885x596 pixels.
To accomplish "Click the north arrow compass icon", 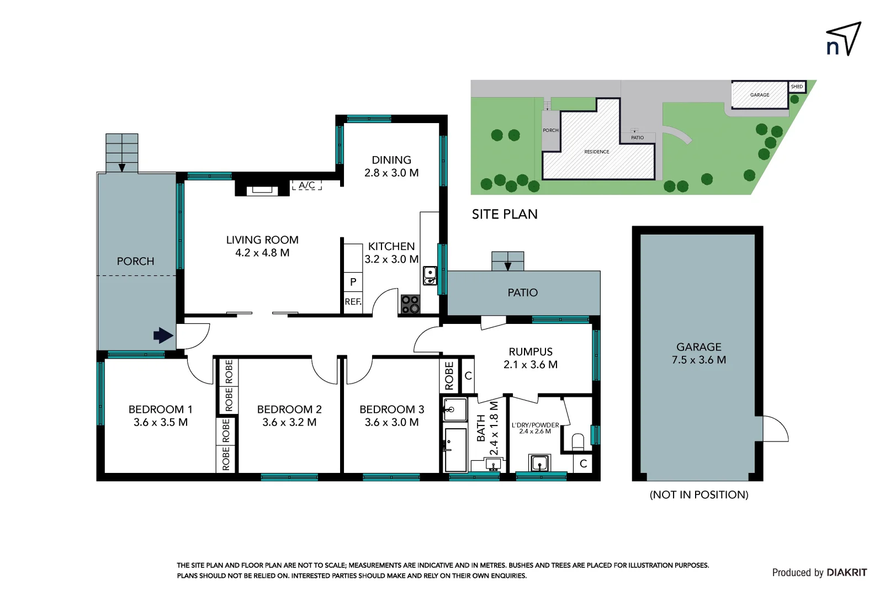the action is coord(844,39).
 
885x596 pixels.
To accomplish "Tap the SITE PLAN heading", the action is coord(505,214).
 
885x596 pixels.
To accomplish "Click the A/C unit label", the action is coord(306,185).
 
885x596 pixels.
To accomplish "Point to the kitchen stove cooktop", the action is coord(410,304).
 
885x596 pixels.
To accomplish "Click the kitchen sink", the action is coord(430,275).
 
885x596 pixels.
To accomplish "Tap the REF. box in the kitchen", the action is coord(353,302).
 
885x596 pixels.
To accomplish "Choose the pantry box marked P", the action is coord(353,282).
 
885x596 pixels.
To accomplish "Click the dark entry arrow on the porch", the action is coord(163,336).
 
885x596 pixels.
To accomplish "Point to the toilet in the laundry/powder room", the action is coord(578,441).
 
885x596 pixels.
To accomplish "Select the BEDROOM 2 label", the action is coord(289,409).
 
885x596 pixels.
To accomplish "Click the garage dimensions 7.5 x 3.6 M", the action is coord(699,360).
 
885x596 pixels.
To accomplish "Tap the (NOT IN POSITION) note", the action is coord(699,494).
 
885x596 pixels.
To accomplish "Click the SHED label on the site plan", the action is coord(797,87).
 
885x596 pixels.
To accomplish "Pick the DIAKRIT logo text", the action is coord(847,573).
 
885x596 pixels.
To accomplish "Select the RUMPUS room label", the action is coord(531,352).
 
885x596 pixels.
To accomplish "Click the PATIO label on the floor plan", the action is coord(522,292).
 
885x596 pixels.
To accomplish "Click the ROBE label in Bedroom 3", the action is coord(449,376).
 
